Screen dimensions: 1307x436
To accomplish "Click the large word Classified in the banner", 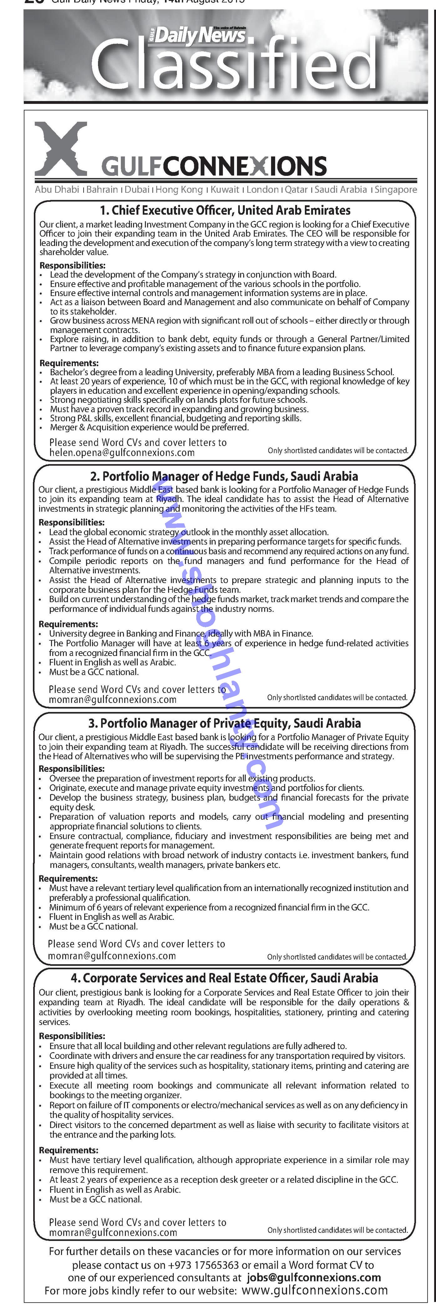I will (233, 66).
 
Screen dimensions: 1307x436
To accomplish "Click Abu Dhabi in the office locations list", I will (57, 189).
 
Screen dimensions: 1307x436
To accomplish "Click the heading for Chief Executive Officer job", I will (225, 210).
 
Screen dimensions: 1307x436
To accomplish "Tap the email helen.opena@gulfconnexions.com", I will (122, 453).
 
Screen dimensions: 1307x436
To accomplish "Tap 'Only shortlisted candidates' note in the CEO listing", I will (337, 451).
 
